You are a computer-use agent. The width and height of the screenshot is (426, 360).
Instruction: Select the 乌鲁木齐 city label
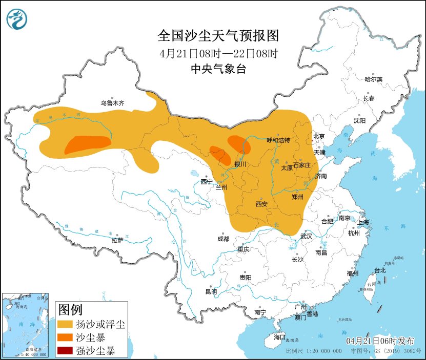coord(112,103)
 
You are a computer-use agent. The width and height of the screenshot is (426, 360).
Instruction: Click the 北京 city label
coord(319,136)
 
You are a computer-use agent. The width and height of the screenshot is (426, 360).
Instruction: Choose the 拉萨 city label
coord(117,240)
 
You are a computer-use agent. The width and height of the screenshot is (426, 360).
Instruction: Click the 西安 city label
coord(261,204)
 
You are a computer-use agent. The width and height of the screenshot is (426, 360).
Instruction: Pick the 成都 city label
coord(223,238)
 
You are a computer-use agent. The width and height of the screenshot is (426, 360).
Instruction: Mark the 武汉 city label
coord(306,237)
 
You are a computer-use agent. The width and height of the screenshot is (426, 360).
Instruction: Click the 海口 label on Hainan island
coord(279,337)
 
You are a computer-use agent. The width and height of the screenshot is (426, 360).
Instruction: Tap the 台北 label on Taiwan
coord(379,270)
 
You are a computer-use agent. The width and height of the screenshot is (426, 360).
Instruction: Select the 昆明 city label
coord(211,291)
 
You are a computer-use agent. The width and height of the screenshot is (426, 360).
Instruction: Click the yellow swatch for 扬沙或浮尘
coord(65,325)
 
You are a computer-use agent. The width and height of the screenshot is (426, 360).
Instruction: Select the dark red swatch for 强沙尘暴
coord(65,351)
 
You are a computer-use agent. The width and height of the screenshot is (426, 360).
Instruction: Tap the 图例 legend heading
coord(70,310)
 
